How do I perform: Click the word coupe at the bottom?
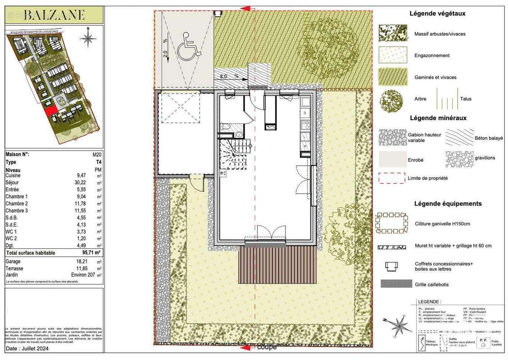267,347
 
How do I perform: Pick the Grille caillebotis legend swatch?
396,283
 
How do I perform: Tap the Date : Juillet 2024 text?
27,348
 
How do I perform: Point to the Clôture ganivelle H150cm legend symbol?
391,223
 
